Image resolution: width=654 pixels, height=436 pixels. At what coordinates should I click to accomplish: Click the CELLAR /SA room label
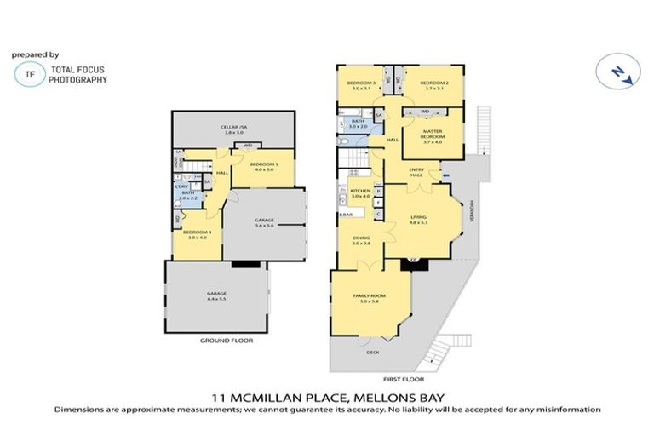pyautogui.click(x=232, y=129)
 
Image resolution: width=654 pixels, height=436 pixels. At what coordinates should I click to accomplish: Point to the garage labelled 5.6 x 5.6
pyautogui.click(x=264, y=222)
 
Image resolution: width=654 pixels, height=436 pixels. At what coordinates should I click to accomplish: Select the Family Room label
pyautogui.click(x=370, y=298)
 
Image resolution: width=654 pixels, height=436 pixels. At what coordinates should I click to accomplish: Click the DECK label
pyautogui.click(x=372, y=352)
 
